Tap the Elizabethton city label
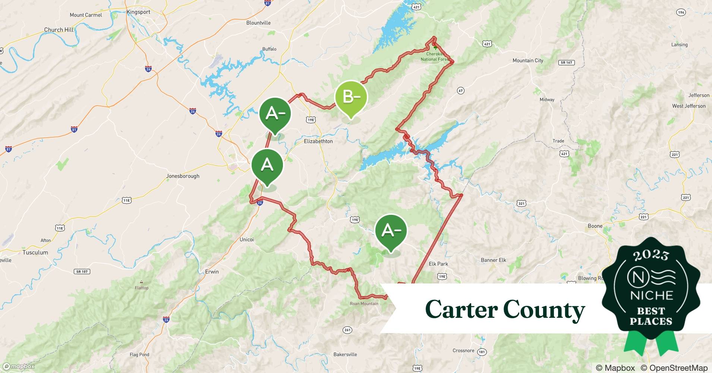[318, 141]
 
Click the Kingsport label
[138, 12]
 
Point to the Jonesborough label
[183, 176]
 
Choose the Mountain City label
[527, 60]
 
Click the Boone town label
[595, 226]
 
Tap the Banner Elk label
[494, 260]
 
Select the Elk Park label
[438, 264]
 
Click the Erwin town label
[212, 272]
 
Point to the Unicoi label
[246, 239]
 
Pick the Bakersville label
[345, 354]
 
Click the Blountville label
[258, 23]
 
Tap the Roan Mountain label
[364, 304]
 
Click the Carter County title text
[505, 310]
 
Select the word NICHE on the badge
[651, 295]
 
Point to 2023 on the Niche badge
[651, 255]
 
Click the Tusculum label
[35, 253]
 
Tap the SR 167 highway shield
[567, 63]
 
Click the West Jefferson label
[689, 106]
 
